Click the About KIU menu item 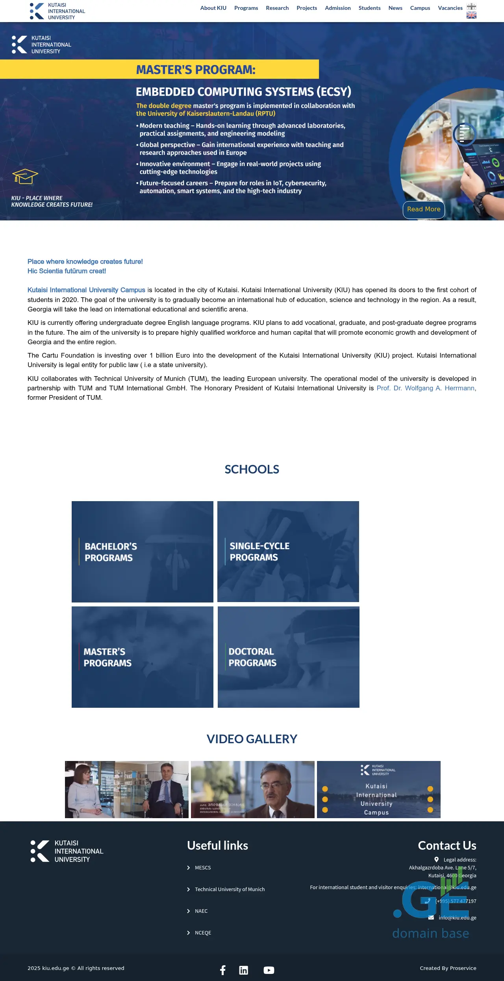coord(213,8)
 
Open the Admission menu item coord(337,8)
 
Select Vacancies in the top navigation coord(450,8)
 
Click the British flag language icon coord(471,15)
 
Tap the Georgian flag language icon coord(471,6)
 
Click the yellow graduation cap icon coord(25,176)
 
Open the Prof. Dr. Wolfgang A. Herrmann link coord(426,388)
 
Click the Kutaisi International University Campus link coord(86,290)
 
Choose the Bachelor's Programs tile coord(142,552)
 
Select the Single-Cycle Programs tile coord(288,552)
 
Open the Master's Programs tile coord(142,657)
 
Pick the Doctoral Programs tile coord(288,657)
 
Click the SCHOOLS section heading coord(252,469)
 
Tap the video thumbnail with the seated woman coord(126,789)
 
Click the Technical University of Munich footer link coord(230,889)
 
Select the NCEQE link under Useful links coord(203,933)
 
